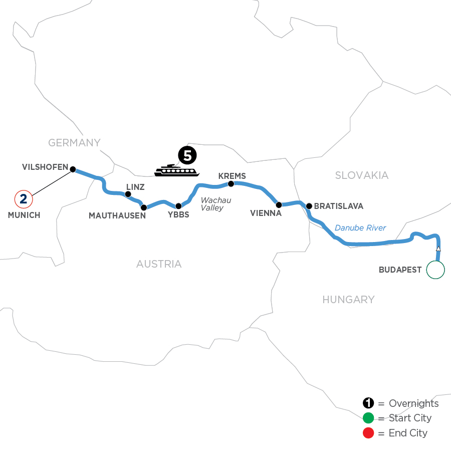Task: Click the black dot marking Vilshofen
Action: point(73,169)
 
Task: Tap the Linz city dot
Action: point(128,194)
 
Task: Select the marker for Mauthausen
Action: point(144,207)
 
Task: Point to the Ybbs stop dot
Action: point(178,206)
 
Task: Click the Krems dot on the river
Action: point(231,184)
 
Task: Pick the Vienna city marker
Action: point(279,204)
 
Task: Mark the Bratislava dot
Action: point(309,205)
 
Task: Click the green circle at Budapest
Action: point(435,270)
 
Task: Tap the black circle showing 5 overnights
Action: point(187,156)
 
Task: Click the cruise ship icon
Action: point(176,171)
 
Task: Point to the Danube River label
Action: point(360,228)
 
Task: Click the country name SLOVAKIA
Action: point(362,175)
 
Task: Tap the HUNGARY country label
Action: point(348,300)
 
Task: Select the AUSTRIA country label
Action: point(159,264)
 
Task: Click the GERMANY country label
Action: point(74,143)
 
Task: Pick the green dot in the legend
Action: point(368,418)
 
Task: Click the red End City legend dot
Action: point(368,432)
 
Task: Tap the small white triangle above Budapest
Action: point(438,249)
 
